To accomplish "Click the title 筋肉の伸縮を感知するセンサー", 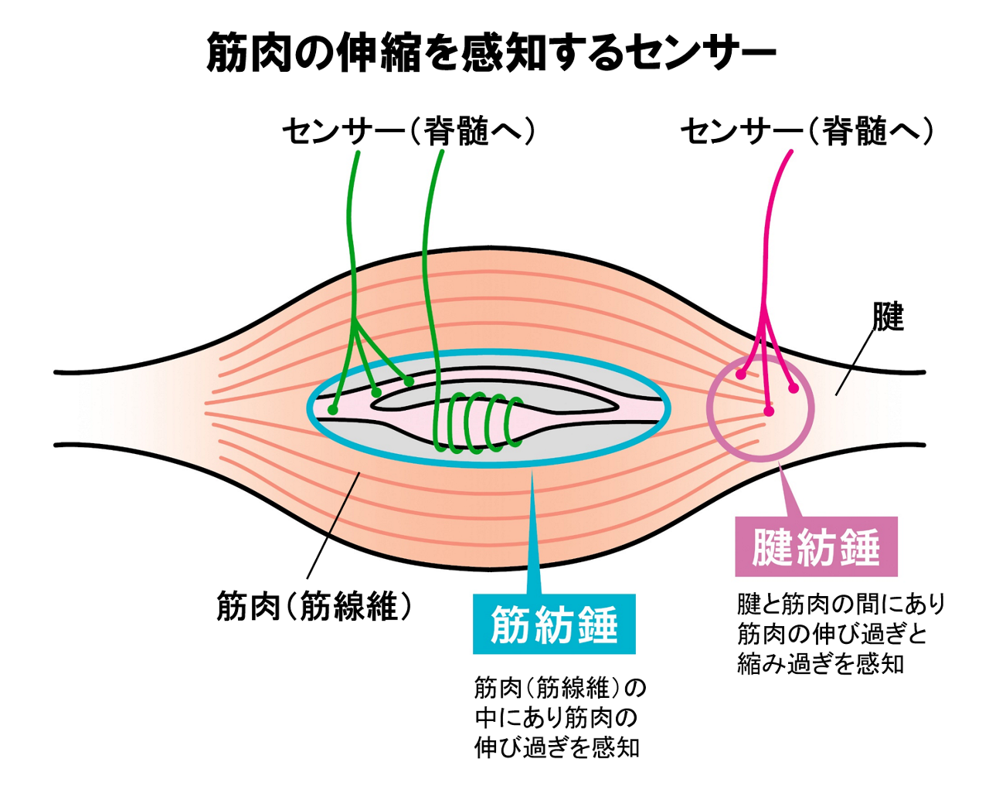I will click(x=491, y=53).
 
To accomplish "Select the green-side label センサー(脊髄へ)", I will click(x=408, y=131).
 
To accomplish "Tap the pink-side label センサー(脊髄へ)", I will click(x=807, y=131).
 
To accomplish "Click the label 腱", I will click(x=888, y=317).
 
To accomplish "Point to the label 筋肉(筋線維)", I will click(x=314, y=606).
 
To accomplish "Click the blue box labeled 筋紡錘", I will click(x=554, y=624).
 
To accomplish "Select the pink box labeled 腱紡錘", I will click(x=816, y=547).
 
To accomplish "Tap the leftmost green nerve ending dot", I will click(x=333, y=409).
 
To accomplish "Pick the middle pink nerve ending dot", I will click(x=768, y=411).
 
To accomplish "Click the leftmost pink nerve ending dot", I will click(x=740, y=374).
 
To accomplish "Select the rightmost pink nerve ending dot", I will click(x=794, y=388).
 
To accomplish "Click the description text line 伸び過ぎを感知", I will click(x=556, y=747).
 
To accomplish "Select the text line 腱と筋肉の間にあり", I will click(x=841, y=604).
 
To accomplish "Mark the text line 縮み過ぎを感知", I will click(x=821, y=664).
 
